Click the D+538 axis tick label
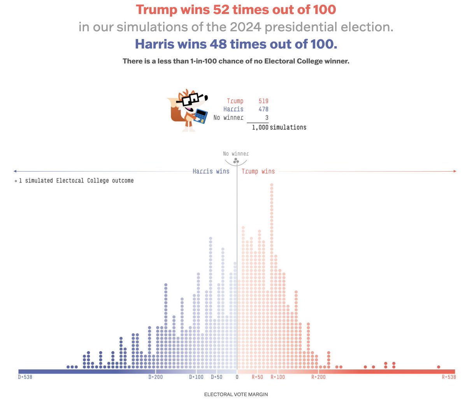click(25, 377)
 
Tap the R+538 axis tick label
click(449, 377)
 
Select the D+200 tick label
click(156, 377)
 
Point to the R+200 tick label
click(318, 377)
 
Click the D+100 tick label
click(197, 377)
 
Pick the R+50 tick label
click(257, 377)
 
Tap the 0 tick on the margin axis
click(237, 377)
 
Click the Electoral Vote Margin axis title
click(236, 394)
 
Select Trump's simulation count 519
click(263, 101)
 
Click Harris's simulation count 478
click(263, 109)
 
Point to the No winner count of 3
click(267, 117)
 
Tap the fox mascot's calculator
click(201, 116)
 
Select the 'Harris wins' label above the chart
click(211, 171)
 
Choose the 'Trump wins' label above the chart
click(258, 171)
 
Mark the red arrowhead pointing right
click(455, 171)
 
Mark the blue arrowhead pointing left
click(15, 171)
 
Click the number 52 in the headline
click(221, 10)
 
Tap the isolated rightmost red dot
click(439, 367)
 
